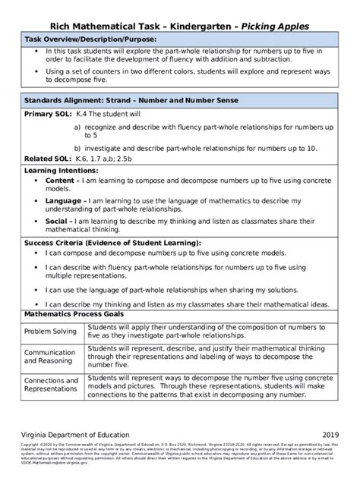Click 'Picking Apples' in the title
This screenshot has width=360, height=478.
273,27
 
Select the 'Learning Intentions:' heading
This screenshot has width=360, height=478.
62,171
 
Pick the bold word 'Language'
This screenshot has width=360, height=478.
65,201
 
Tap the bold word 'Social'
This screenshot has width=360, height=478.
58,221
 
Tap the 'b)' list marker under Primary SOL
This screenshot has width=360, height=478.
77,148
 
